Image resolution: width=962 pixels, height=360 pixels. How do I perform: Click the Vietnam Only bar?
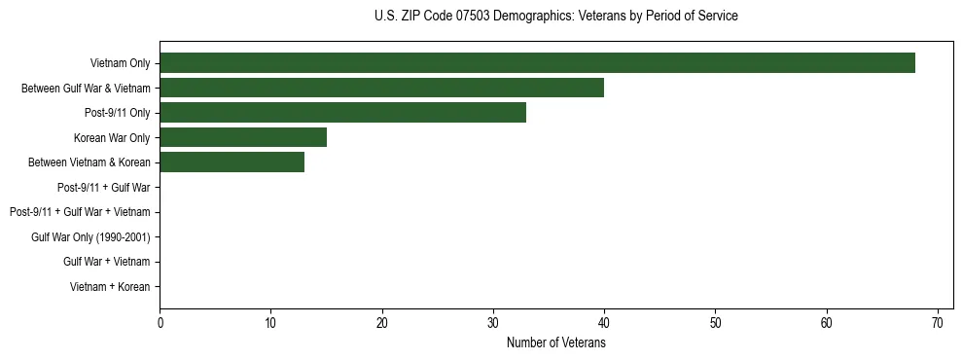537,63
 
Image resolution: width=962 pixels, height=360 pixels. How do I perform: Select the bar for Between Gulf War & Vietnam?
381,88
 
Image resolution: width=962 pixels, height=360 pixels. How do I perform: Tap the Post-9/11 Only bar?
342,113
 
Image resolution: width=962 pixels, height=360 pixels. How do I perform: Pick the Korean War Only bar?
243,137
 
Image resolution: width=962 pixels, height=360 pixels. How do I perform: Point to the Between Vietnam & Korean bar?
232,162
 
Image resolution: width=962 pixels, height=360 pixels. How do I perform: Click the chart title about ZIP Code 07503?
555,17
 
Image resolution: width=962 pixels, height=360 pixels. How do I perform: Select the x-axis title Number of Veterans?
555,342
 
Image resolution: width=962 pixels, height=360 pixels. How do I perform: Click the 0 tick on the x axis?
160,323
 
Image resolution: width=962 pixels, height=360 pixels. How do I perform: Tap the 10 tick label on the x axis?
270,323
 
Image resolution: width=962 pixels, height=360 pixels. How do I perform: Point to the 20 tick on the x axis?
382,323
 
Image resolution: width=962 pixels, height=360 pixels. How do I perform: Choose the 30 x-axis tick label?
493,323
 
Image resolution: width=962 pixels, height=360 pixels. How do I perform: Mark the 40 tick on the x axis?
604,323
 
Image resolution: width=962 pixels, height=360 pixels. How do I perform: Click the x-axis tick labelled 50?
715,323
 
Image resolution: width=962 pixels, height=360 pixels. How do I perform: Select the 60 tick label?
827,323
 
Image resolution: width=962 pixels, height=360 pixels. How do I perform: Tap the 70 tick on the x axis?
938,323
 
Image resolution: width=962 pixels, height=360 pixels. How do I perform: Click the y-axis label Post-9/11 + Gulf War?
104,187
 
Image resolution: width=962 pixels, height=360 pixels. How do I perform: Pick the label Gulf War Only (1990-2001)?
95,236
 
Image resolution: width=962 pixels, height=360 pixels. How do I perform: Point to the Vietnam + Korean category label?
110,286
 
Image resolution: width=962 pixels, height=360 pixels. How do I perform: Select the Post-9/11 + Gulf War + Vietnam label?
80,212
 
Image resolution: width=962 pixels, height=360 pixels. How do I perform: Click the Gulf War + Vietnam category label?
106,262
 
